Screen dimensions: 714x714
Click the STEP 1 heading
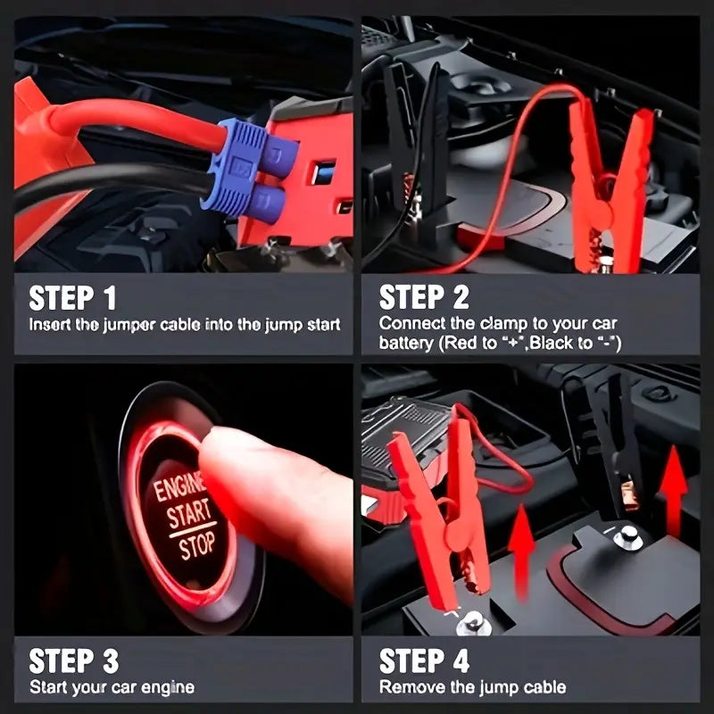click(x=72, y=297)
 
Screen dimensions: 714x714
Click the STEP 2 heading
click(x=425, y=297)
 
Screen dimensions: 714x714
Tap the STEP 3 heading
click(x=74, y=660)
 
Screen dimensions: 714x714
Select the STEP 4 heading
click(x=425, y=660)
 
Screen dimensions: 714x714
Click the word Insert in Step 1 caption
click(x=50, y=325)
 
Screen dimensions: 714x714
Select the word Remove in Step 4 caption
click(x=407, y=687)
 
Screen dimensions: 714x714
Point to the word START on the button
click(x=189, y=515)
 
